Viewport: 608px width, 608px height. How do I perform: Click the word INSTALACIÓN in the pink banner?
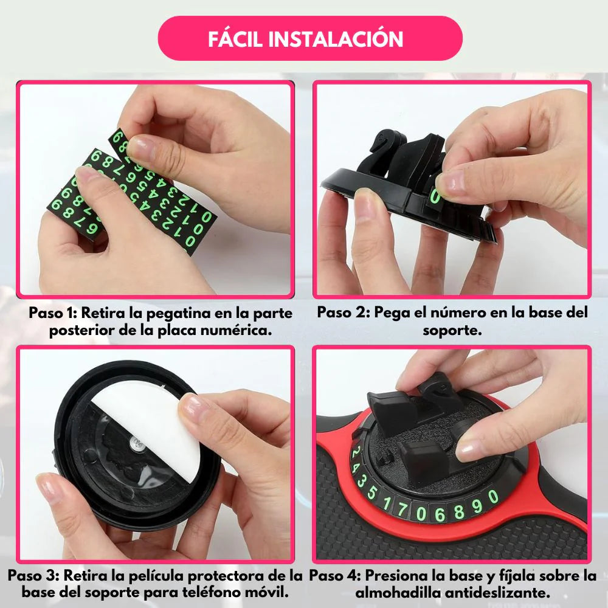click(336, 39)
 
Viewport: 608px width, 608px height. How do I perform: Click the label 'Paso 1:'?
click(53, 313)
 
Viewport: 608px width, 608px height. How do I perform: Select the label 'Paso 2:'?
click(344, 313)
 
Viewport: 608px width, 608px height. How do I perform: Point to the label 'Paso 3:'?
click(33, 575)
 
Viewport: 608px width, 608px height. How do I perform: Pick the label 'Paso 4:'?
click(335, 575)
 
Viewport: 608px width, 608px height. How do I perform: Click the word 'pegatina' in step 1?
click(178, 314)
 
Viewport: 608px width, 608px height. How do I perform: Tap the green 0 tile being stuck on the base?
click(435, 196)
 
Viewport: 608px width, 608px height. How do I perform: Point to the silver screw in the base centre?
click(136, 443)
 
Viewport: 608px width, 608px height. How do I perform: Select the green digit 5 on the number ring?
click(372, 492)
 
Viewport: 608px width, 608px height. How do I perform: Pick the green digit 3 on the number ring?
click(361, 481)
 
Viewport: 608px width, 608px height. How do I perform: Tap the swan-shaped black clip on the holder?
click(381, 151)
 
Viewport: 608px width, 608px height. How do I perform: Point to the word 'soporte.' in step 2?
click(452, 330)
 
